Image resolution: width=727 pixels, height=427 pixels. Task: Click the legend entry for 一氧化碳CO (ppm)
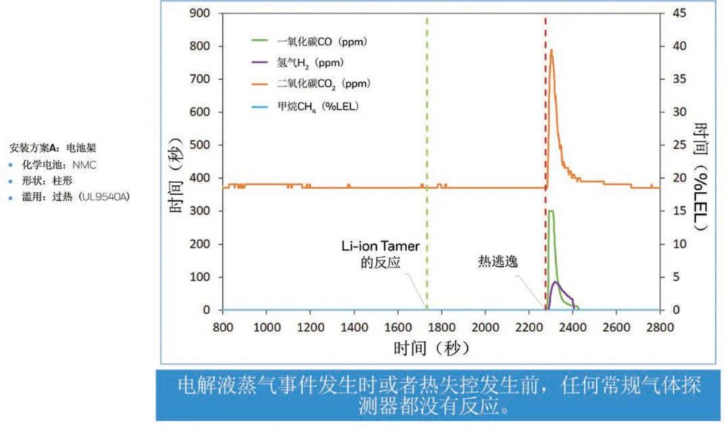[x=309, y=42]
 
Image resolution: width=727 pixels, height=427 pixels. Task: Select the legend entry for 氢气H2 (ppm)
[x=298, y=63]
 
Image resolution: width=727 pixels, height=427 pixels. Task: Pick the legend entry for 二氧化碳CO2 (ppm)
[x=311, y=84]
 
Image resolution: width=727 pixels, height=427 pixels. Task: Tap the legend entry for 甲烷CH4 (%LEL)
[x=305, y=107]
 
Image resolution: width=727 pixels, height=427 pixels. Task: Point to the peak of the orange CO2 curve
[x=552, y=50]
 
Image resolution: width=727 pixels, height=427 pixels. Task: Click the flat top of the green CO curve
[x=551, y=211]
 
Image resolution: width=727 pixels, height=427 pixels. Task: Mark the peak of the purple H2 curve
[x=556, y=282]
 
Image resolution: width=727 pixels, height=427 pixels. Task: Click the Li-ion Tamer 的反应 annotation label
[x=381, y=254]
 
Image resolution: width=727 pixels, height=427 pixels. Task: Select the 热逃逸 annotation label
[x=498, y=261]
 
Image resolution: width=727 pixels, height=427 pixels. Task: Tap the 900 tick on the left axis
[x=200, y=13]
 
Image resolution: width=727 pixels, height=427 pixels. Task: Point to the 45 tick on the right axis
[x=679, y=13]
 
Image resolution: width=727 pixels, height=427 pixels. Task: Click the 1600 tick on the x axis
[x=398, y=327]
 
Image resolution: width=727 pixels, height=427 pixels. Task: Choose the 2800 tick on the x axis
[x=660, y=327]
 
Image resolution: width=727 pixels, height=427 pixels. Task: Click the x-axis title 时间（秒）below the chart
[x=432, y=348]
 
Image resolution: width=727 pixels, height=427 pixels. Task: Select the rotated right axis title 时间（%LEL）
[x=702, y=177]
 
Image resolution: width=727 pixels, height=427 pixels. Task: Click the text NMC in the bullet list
[x=84, y=165]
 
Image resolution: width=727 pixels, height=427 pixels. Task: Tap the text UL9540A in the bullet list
[x=104, y=196]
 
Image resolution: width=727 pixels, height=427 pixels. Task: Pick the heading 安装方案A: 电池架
[x=53, y=148]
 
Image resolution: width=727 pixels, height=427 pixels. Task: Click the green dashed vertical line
[x=427, y=162]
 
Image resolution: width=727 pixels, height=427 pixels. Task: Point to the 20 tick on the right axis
[x=679, y=178]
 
